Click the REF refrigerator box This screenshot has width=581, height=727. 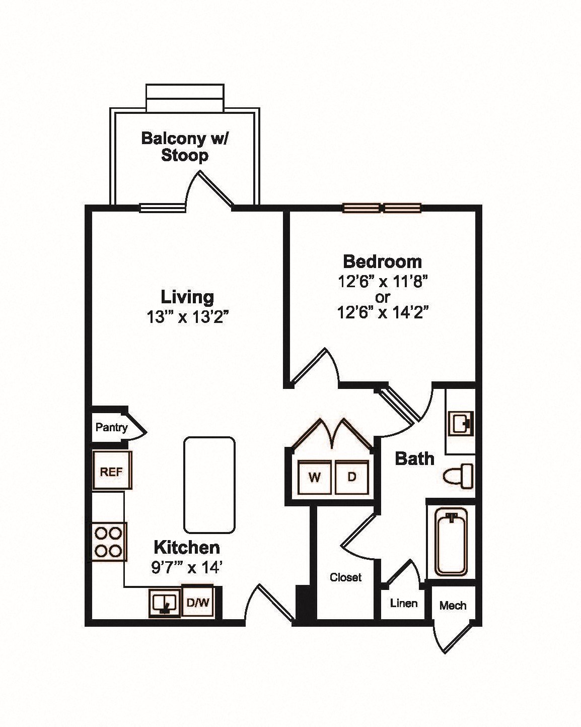(112, 471)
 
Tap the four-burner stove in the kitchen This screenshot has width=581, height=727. (108, 542)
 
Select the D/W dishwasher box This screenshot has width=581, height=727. (198, 602)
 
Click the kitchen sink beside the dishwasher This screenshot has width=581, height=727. (164, 602)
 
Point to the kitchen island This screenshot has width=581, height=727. (209, 485)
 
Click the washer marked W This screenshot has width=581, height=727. (315, 477)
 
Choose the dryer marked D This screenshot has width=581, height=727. (352, 477)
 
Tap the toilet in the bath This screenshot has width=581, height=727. (459, 476)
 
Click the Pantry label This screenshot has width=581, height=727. (111, 428)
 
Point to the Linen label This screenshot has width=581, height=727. (404, 603)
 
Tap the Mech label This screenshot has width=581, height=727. (453, 605)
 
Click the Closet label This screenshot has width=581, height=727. (345, 577)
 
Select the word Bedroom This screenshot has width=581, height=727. (382, 261)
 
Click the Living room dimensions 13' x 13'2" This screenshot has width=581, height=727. (188, 317)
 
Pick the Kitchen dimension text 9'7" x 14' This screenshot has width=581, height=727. (187, 568)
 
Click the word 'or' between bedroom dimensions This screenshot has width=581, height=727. (382, 297)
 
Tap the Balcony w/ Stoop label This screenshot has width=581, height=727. (184, 146)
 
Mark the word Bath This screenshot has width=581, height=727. (414, 458)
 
